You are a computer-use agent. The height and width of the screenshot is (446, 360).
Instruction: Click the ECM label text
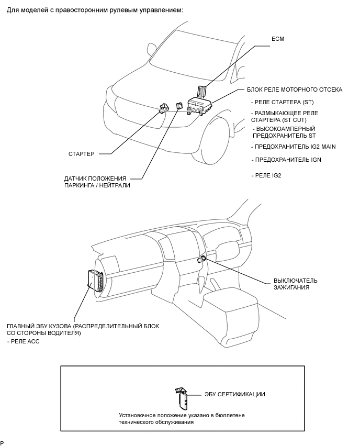278,39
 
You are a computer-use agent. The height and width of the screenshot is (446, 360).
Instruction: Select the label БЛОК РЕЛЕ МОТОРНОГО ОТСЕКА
295,90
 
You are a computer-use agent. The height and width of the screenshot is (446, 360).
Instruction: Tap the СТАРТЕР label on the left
82,154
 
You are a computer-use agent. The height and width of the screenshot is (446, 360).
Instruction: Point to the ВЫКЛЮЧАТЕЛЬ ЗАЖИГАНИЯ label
295,284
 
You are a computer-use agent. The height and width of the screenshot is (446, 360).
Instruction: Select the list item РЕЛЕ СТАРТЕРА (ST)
283,102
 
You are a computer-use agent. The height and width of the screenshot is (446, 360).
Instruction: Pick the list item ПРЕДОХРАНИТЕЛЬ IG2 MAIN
294,147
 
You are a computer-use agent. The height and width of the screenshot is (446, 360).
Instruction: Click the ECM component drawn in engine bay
201,90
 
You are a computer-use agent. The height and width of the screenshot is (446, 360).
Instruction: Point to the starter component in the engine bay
164,107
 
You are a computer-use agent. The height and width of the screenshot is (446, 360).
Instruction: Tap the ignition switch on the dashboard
202,257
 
